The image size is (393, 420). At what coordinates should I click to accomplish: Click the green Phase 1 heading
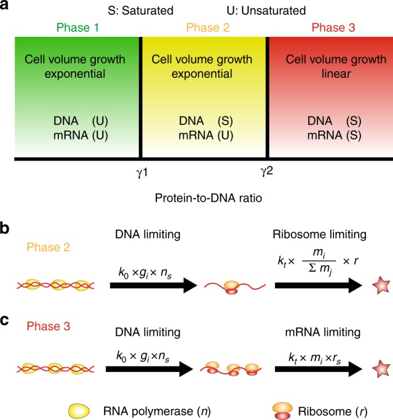coord(76,28)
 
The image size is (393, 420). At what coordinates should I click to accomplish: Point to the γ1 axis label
coord(142,172)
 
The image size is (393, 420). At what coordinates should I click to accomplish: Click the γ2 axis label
coord(266,172)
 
